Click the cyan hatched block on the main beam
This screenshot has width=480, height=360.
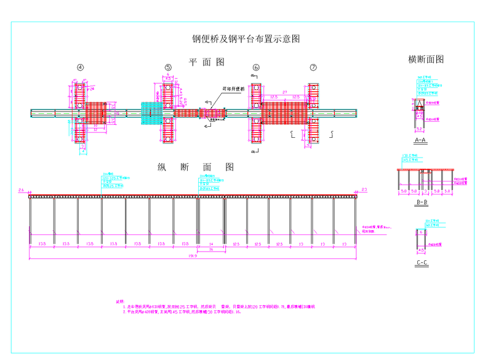tap(151, 113)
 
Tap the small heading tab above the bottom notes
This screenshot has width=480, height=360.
tap(120, 301)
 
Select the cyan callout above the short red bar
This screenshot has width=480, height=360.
tap(409, 159)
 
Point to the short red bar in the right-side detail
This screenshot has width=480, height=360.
tap(425, 169)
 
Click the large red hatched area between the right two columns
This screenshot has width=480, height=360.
tap(284, 114)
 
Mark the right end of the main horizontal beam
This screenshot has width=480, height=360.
tap(356, 113)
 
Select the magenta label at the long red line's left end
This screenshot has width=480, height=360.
tap(22, 190)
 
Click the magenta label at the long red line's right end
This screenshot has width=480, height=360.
tap(364, 190)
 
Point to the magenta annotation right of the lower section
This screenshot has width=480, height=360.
tap(374, 229)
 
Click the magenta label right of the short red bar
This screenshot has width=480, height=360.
tap(461, 180)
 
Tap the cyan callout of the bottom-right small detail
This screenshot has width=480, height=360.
tap(433, 223)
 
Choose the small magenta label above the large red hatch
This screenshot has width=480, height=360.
tap(284, 92)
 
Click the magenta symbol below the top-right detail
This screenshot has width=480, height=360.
tap(420, 130)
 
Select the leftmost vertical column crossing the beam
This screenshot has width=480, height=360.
tap(79, 113)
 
